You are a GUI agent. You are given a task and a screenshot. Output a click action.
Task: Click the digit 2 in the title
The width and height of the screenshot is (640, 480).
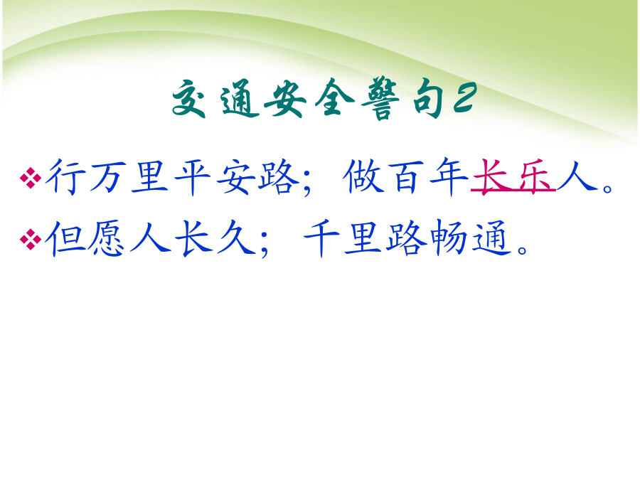pos(465,97)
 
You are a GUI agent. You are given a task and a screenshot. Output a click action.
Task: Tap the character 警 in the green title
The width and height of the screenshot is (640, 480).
pos(381,99)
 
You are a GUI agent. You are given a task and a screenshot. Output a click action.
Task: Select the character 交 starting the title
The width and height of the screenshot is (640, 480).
pos(188,98)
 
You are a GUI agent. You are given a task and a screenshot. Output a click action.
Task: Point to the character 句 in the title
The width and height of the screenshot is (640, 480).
pos(427,98)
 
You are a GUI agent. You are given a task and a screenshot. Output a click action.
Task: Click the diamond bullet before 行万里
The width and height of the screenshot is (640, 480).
pos(30,178)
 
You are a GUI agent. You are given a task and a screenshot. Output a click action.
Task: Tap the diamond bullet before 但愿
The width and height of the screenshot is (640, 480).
pos(30,239)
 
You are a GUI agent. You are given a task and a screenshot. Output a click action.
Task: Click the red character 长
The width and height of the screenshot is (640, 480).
pos(492,177)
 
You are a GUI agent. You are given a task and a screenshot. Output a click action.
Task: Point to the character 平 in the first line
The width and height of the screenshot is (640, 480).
pos(192,178)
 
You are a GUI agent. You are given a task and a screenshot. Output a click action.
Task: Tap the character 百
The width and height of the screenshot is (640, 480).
pos(405,177)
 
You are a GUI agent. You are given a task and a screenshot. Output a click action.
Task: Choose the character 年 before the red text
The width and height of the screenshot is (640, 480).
pos(449,177)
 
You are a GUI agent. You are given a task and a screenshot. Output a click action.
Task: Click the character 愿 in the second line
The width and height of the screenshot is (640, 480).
pos(107,238)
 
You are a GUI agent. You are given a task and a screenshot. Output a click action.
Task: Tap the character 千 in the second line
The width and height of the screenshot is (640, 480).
pos(321,238)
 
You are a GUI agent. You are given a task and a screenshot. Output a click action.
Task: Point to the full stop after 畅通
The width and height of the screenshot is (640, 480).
pos(522,249)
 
